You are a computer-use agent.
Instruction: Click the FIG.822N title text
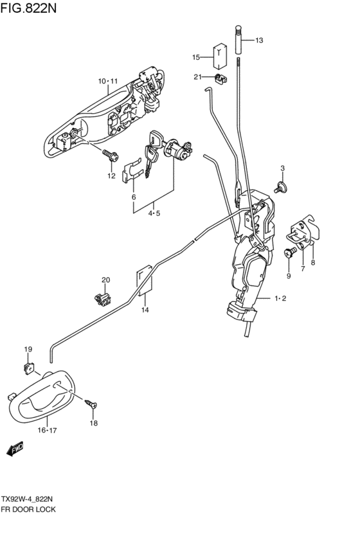pos(28,7)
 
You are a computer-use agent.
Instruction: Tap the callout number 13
pos(259,40)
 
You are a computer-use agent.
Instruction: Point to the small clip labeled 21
pos(221,78)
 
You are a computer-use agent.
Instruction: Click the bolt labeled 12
pos(110,156)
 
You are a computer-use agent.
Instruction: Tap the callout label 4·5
pos(154,213)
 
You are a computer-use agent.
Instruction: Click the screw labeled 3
pos(280,186)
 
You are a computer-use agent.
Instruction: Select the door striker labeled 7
pos(302,232)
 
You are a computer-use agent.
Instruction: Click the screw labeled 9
pos(291,251)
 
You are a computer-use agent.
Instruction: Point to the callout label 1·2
pos(280,298)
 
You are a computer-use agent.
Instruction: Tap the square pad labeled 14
pos(144,281)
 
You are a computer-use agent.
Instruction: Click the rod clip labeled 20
pos(103,299)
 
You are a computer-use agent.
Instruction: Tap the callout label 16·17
pos(47,430)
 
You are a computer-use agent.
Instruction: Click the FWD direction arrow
pos(15,449)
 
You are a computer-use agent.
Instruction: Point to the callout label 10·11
pos(108,81)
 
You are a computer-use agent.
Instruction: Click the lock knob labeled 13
pos(238,39)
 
